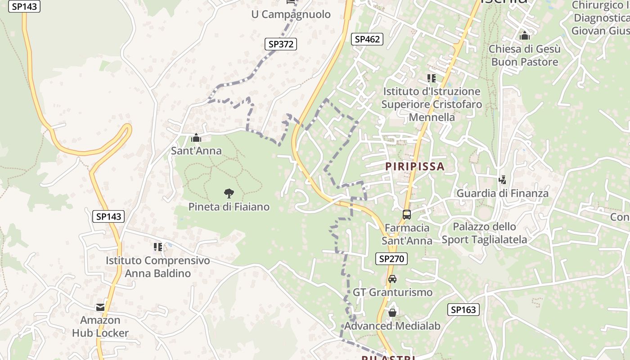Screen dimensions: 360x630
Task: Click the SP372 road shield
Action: [280, 44]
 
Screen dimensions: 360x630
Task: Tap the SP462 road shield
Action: [367, 39]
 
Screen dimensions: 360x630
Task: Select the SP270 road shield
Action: [391, 259]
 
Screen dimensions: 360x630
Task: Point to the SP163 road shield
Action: [463, 310]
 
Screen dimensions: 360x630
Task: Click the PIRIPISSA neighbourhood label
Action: [414, 166]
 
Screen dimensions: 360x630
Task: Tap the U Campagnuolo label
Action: [291, 14]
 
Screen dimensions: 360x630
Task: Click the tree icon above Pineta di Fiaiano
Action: [229, 193]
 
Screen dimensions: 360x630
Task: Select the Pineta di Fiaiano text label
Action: [229, 207]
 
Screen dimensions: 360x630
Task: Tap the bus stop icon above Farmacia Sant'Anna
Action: [407, 215]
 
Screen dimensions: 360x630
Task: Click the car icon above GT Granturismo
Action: [392, 279]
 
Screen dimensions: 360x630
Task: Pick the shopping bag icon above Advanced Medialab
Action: [392, 312]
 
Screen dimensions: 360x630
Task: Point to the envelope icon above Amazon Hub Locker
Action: [100, 307]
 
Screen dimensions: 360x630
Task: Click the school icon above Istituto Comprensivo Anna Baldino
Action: [158, 247]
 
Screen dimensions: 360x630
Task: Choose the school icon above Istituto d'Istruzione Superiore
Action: [432, 78]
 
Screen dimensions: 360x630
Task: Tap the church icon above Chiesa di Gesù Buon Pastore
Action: [524, 36]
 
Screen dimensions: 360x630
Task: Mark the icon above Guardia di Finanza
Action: [502, 180]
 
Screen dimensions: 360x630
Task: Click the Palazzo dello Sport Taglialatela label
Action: [484, 233]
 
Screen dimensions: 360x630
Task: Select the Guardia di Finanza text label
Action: [502, 193]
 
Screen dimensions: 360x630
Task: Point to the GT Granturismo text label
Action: [392, 292]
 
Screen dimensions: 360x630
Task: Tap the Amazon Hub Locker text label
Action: [100, 327]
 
